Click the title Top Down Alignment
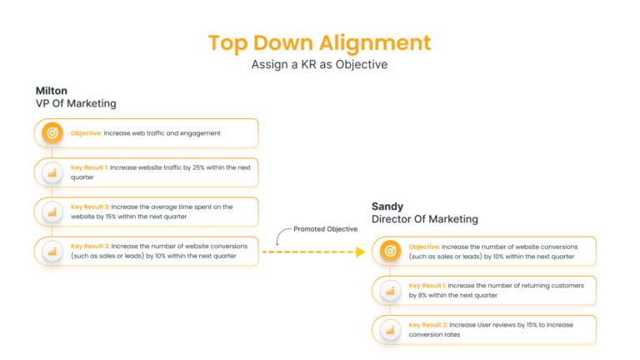319,42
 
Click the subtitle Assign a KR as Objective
319,64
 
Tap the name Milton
52,90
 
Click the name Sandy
387,205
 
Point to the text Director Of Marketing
425,219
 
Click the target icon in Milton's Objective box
52,133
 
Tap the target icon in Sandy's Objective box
390,252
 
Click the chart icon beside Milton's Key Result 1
52,172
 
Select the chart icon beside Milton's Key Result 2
52,212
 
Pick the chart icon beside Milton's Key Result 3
52,251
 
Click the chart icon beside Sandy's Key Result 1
390,291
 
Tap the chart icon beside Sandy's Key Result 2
390,330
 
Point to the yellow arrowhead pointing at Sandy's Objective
362,251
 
